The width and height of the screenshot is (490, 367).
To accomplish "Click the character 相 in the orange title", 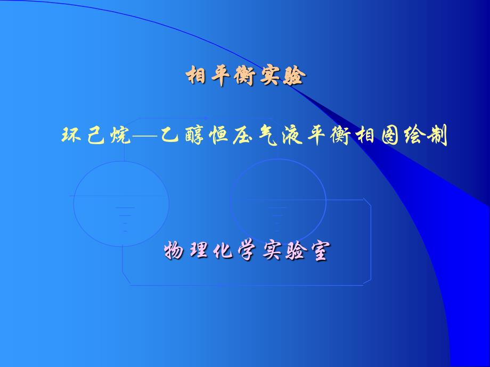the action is (196, 75).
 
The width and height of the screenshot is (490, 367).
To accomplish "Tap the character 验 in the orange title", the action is (294, 76).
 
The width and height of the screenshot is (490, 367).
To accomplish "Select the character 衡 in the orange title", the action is (244, 76).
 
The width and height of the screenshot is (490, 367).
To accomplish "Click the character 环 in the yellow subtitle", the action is (71, 135).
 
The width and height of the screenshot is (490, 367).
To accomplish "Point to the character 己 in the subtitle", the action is (95, 136).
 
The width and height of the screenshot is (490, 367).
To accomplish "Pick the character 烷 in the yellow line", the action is (120, 136).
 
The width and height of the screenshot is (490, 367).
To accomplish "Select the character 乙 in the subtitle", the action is (169, 135).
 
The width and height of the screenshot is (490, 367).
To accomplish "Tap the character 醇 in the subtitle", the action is (195, 135).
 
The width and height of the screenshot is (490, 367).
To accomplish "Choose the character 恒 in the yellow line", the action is (219, 136).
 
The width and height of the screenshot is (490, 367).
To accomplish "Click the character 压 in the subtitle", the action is (243, 136).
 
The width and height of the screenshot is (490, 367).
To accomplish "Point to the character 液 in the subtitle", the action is (292, 136).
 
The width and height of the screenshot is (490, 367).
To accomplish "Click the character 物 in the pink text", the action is (174, 250).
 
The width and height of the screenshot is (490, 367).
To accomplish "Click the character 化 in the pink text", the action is (223, 251).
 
